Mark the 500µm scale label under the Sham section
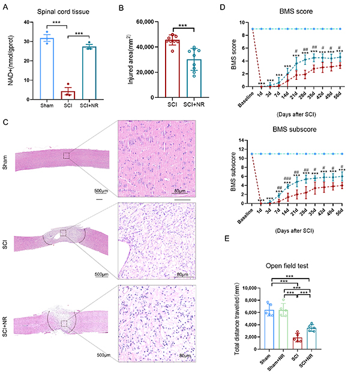point(101,191)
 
